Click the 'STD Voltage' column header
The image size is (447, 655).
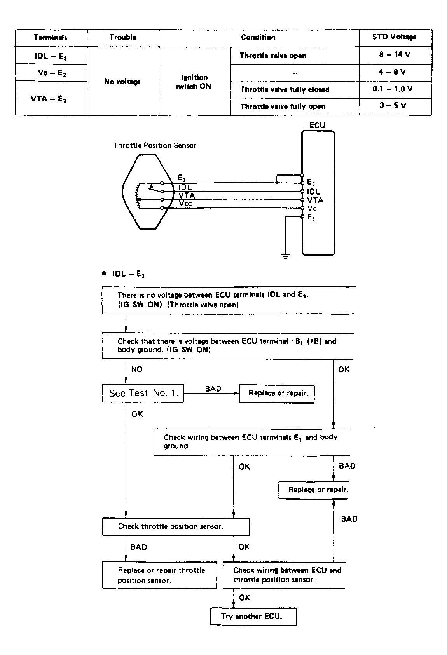pyautogui.click(x=394, y=37)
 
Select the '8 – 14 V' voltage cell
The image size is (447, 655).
pyautogui.click(x=395, y=54)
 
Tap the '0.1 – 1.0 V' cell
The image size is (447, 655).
pyautogui.click(x=392, y=89)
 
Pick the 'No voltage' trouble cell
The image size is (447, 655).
pyautogui.click(x=122, y=82)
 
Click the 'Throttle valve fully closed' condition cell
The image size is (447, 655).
pyautogui.click(x=285, y=89)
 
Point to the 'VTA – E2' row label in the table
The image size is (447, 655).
pyautogui.click(x=49, y=99)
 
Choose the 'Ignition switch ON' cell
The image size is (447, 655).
pyautogui.click(x=193, y=82)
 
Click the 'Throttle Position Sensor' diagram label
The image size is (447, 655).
pyautogui.click(x=154, y=145)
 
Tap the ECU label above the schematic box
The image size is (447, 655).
pyautogui.click(x=317, y=125)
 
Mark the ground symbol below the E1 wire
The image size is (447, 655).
pyautogui.click(x=285, y=256)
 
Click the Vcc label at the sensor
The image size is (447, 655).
pyautogui.click(x=185, y=204)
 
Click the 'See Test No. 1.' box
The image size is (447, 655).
pyautogui.click(x=143, y=393)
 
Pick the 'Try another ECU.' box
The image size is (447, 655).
pyautogui.click(x=254, y=617)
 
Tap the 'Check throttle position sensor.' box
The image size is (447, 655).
pyautogui.click(x=176, y=527)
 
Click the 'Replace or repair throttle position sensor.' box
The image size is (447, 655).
pyautogui.click(x=160, y=575)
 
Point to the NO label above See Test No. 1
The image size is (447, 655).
pyautogui.click(x=136, y=369)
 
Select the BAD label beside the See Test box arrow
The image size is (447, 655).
pyautogui.click(x=213, y=388)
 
